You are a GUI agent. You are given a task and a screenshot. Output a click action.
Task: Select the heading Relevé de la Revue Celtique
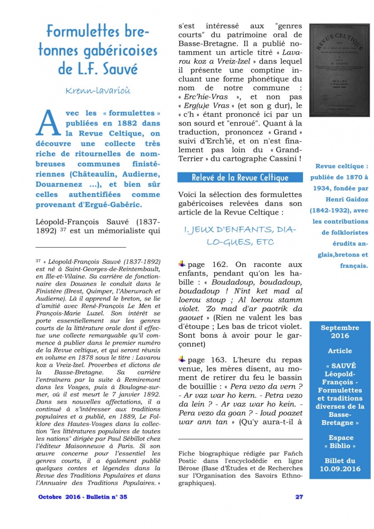[240, 177]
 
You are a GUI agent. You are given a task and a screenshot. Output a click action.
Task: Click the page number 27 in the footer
[299, 497]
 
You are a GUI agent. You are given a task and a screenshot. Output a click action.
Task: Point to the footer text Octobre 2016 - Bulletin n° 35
[82, 497]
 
